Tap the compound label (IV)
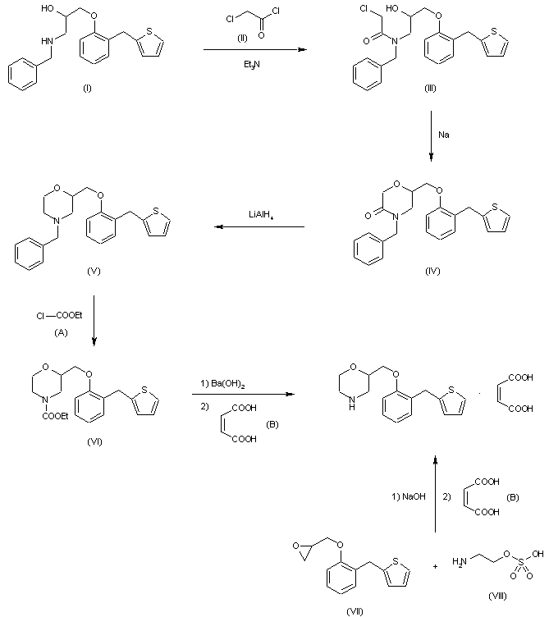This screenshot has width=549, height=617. pos(432,270)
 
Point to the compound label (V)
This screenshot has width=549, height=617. pos(92,270)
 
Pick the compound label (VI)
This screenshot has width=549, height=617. pos(93,441)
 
